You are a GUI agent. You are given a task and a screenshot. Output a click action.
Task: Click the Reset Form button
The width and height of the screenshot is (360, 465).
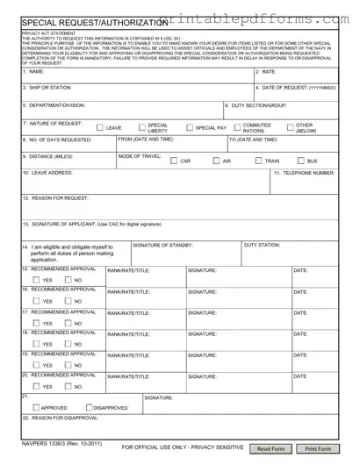(x=270, y=448)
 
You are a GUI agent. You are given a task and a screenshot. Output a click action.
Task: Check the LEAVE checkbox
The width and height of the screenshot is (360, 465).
(x=99, y=128)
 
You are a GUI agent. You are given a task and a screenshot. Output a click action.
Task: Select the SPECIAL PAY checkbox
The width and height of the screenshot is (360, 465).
(x=189, y=128)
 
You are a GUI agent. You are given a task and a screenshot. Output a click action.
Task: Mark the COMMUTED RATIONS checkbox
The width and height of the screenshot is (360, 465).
(x=236, y=128)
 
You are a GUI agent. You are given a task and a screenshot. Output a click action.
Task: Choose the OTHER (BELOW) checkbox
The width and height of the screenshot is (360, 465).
(x=290, y=128)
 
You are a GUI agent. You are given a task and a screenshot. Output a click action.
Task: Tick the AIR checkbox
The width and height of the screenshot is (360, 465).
(x=216, y=161)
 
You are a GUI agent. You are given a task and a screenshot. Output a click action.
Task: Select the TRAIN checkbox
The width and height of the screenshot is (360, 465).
(x=258, y=161)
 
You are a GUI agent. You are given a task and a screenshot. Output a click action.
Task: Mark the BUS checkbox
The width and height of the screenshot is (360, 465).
(x=300, y=161)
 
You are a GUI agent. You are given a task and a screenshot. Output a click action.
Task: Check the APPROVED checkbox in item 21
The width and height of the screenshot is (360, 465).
(x=36, y=407)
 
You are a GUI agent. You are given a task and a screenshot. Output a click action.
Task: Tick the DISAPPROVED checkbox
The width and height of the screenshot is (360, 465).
(x=89, y=407)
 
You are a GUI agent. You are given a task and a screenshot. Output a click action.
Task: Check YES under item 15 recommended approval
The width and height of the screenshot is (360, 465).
(x=36, y=280)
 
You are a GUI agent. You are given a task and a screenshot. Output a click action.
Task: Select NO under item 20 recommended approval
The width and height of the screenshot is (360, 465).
(x=68, y=386)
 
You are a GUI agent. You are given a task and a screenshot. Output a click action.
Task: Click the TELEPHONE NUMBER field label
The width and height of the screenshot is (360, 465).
(x=304, y=173)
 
